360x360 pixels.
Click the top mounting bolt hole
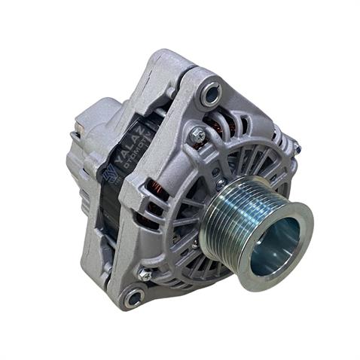coord(211,93)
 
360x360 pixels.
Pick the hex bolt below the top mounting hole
coord(198,135)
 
